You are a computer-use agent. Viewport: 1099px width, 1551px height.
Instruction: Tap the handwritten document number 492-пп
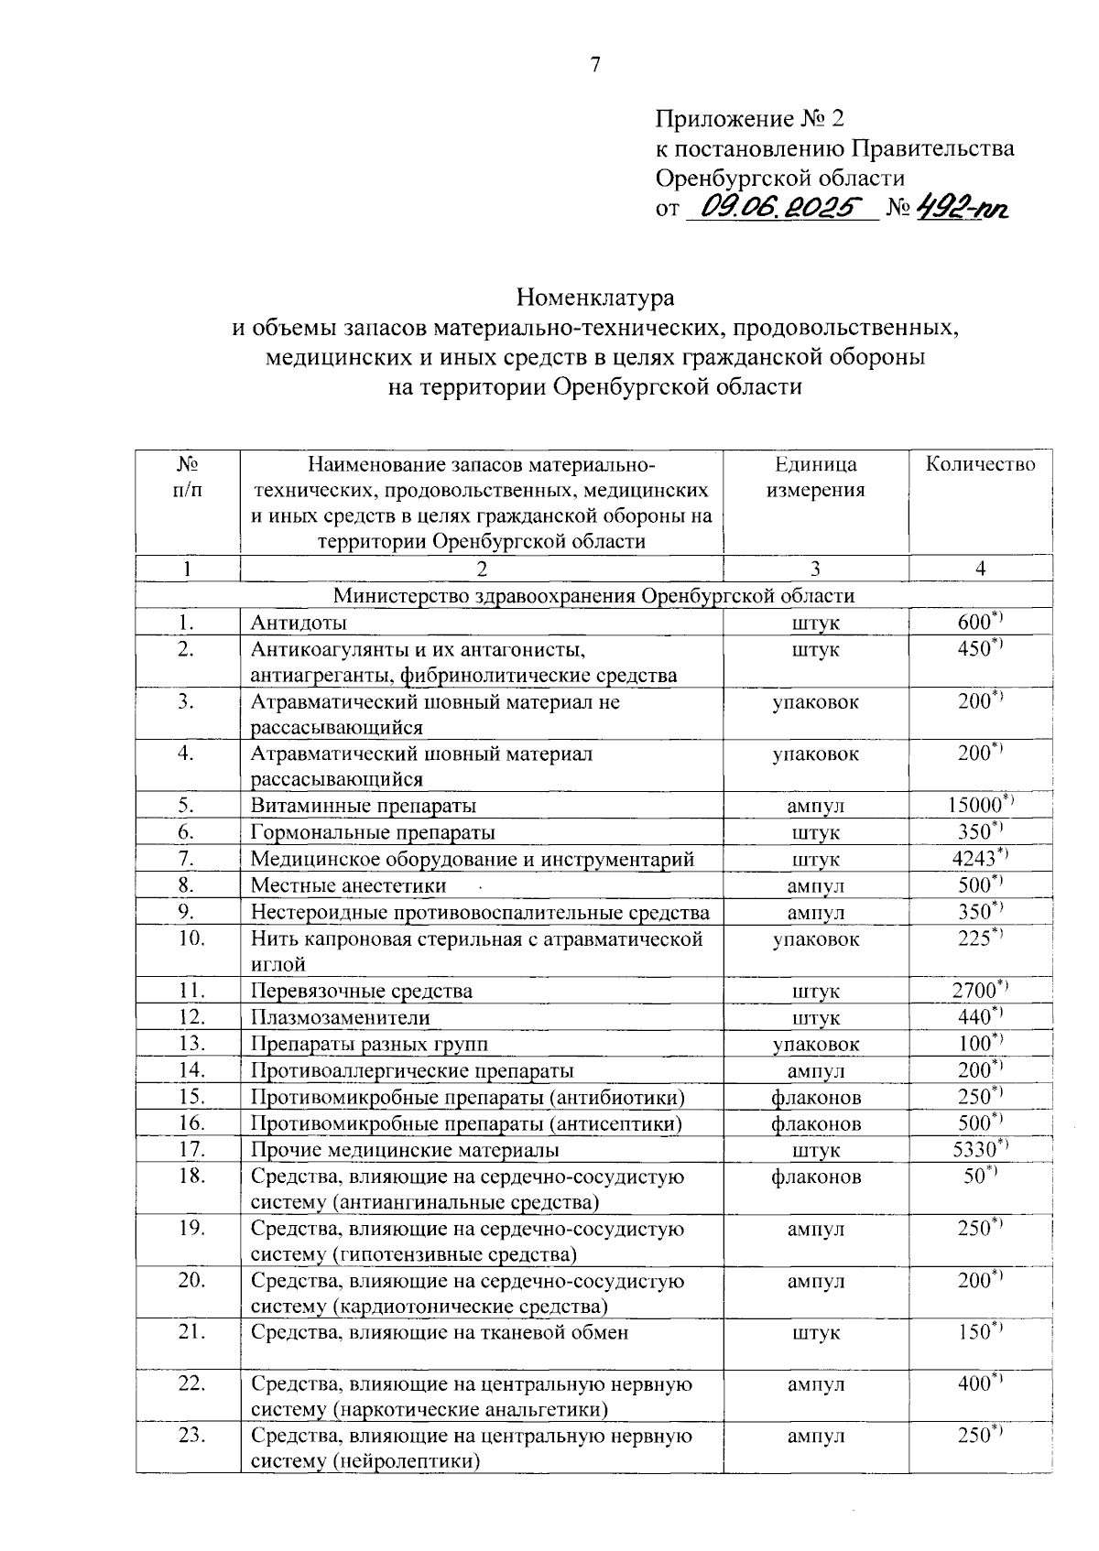tap(962, 209)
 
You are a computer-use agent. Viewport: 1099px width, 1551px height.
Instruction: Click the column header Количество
tap(980, 464)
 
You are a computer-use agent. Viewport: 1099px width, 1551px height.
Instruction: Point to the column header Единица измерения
tap(815, 477)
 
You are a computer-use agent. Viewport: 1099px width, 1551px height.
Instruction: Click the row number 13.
tap(191, 1043)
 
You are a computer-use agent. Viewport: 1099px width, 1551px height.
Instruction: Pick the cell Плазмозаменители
tap(340, 1017)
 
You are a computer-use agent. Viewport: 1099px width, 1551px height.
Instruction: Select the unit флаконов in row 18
tap(815, 1177)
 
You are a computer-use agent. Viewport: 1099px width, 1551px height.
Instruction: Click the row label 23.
tap(191, 1436)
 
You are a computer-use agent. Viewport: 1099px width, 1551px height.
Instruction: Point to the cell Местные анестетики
tap(349, 885)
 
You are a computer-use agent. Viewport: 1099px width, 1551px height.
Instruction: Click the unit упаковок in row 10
tap(815, 939)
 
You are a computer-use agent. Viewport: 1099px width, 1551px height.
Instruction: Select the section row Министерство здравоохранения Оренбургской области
tap(593, 596)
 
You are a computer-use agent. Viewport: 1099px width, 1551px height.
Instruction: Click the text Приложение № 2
tap(748, 119)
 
